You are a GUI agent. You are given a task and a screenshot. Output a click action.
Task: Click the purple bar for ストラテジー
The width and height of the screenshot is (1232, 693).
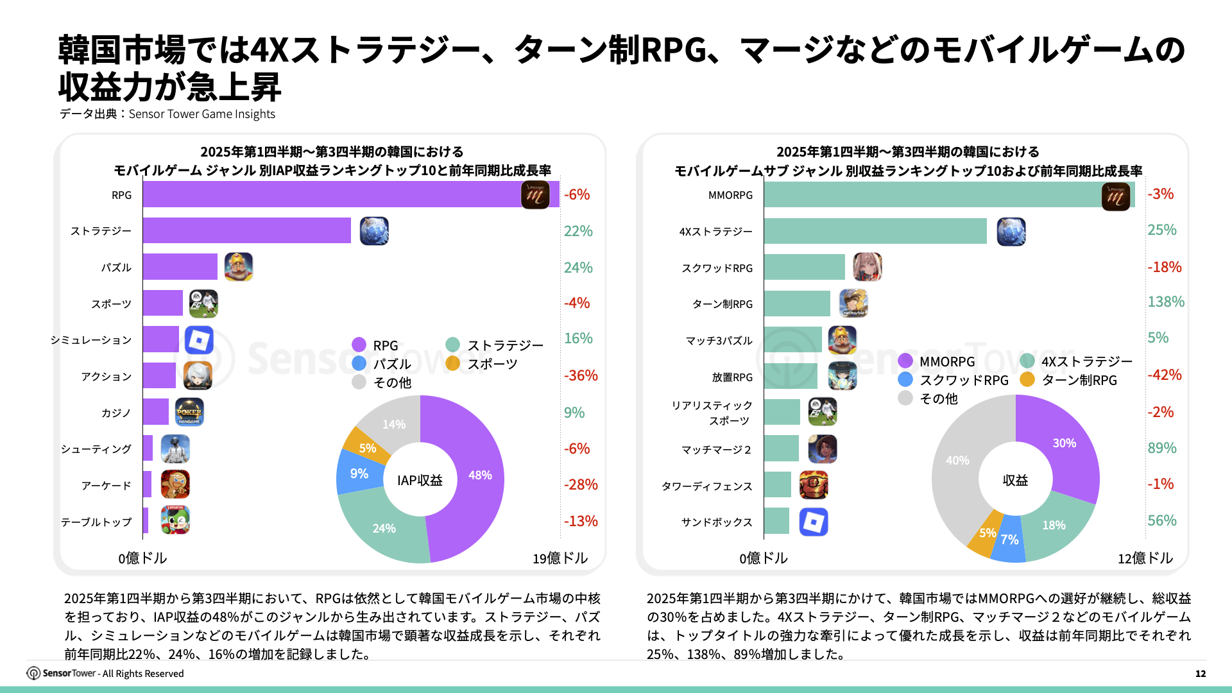pyautogui.click(x=246, y=231)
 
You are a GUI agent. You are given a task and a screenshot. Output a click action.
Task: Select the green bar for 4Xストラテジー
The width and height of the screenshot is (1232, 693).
pyautogui.click(x=875, y=232)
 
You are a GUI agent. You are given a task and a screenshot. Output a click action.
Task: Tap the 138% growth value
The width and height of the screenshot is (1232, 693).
pyautogui.click(x=1165, y=302)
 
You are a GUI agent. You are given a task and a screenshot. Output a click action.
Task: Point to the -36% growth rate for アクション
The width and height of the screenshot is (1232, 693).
pyautogui.click(x=580, y=375)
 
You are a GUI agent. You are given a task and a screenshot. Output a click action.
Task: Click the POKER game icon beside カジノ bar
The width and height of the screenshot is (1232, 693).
pyautogui.click(x=189, y=412)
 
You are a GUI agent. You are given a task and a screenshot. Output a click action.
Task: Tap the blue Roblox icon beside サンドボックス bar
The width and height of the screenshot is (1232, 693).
pyautogui.click(x=813, y=522)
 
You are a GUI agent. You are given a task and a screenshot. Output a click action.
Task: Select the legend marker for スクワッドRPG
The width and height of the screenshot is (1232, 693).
pyautogui.click(x=905, y=380)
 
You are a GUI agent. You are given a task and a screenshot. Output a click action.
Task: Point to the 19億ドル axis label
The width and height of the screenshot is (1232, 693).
pyautogui.click(x=560, y=558)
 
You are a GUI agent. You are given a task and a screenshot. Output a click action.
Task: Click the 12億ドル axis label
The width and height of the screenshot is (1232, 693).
pyautogui.click(x=1145, y=558)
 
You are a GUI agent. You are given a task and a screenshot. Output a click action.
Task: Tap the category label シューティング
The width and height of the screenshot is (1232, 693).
pyautogui.click(x=96, y=449)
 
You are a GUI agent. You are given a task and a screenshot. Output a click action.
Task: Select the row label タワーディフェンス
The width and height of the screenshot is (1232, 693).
pyautogui.click(x=706, y=486)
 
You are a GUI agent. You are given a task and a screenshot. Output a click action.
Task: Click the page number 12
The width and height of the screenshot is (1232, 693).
pyautogui.click(x=1200, y=674)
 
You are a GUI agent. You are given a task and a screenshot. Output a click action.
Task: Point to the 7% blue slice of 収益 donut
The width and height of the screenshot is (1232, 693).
pyautogui.click(x=1009, y=540)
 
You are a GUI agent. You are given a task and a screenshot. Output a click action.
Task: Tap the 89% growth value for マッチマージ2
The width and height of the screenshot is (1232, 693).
pyautogui.click(x=1161, y=448)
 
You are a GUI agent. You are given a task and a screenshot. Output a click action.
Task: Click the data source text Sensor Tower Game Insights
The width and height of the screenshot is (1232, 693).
pyautogui.click(x=201, y=114)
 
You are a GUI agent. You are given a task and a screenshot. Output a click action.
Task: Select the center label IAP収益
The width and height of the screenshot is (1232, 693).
pyautogui.click(x=420, y=481)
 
